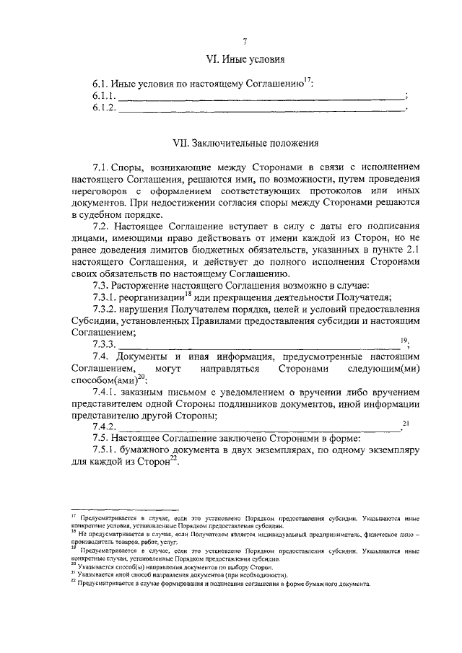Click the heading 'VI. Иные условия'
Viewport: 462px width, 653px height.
point(245,59)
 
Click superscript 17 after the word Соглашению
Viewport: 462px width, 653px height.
point(306,80)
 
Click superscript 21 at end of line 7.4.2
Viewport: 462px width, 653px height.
point(405,424)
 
